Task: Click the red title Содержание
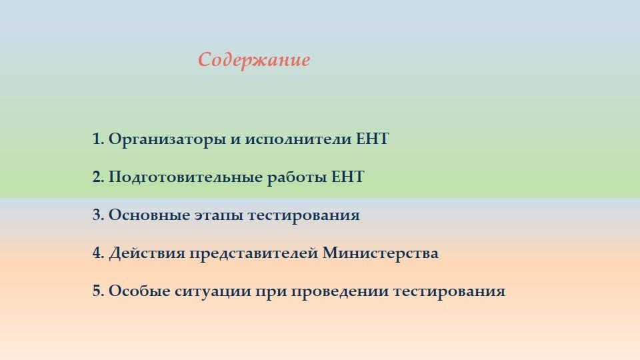[254, 60]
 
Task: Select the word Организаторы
[167, 139]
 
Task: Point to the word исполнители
[298, 139]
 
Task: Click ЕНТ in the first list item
[372, 139]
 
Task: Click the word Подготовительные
[186, 177]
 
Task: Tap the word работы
[297, 177]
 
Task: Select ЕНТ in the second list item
[347, 177]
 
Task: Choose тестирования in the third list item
[303, 216]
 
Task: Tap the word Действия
[147, 253]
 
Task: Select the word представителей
[253, 254]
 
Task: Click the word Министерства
[381, 253]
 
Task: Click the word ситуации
[213, 291]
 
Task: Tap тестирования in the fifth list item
[449, 291]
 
